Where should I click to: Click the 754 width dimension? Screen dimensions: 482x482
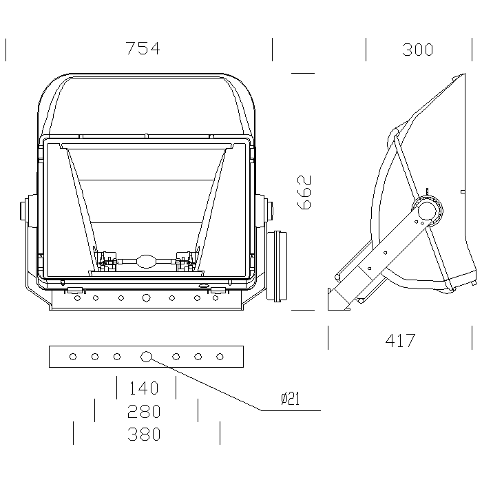coord(143,49)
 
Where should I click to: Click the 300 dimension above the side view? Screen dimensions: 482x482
coord(417,50)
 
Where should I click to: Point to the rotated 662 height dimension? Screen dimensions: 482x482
coord(304,192)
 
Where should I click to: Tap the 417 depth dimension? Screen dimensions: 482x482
coord(400,341)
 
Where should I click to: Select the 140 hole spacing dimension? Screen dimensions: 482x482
coord(143,388)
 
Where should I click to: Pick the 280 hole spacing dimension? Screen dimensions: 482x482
coord(144,411)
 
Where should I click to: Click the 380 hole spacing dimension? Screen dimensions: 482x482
coord(144,434)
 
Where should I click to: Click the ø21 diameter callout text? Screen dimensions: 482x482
coord(290,399)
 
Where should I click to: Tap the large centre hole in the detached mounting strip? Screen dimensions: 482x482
coord(146,357)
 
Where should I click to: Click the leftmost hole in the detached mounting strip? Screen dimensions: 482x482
coord(73,357)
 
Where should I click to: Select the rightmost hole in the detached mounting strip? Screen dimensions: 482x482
coord(220,357)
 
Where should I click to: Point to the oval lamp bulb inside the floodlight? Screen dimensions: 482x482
coord(146,261)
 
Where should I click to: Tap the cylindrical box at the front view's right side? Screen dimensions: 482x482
coord(277,266)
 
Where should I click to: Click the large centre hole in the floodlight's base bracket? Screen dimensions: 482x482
coord(146,297)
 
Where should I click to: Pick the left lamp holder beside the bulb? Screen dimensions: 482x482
coord(106,261)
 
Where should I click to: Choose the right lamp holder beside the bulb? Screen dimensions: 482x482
coord(187,261)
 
